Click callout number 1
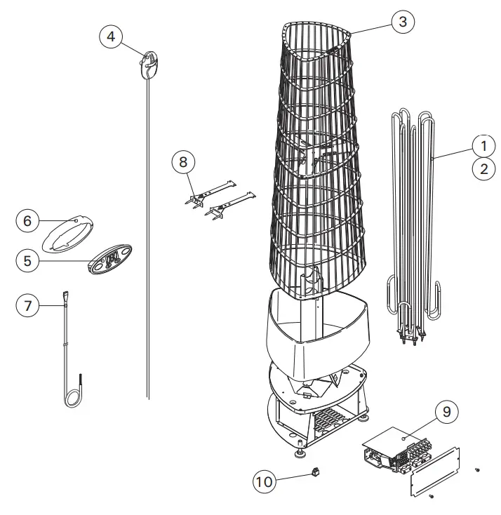(483, 146)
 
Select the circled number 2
(483, 168)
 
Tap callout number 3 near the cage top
(402, 22)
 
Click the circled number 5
(27, 261)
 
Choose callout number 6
(27, 221)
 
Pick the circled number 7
(27, 306)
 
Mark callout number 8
(183, 162)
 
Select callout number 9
(446, 411)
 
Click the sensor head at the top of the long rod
(150, 64)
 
